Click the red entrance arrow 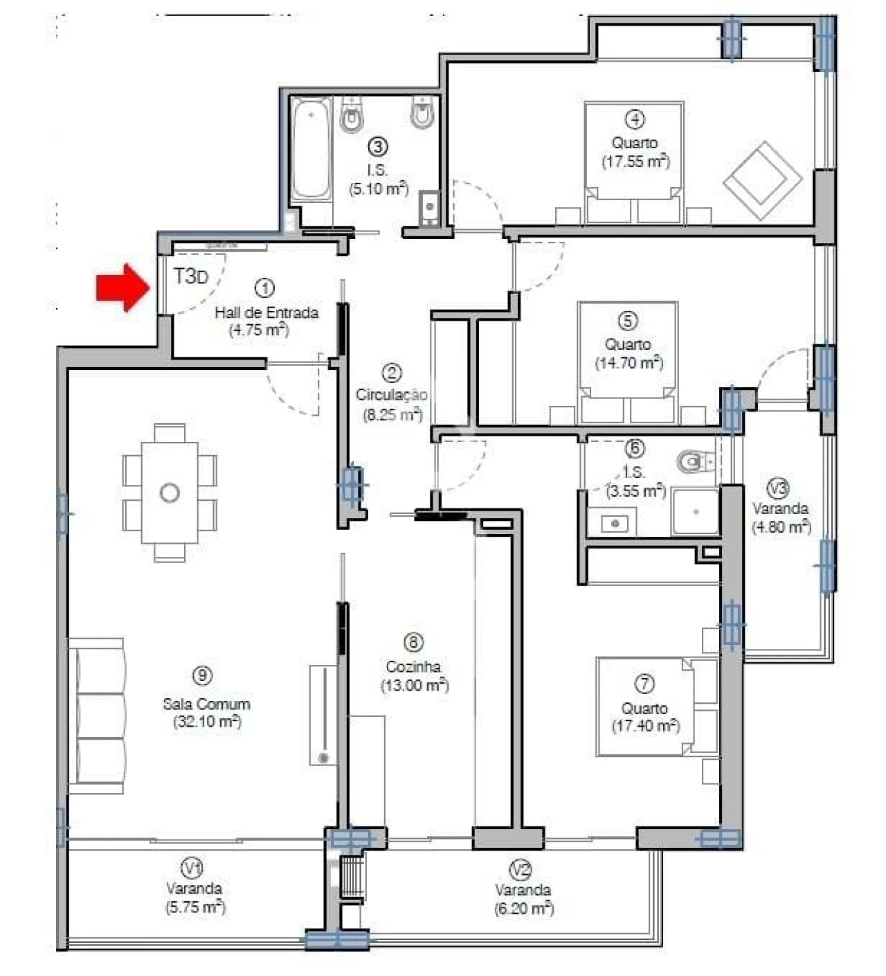[122, 287]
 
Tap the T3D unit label [190, 277]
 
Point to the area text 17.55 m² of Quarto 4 [635, 162]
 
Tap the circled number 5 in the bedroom [626, 321]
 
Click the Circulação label [391, 395]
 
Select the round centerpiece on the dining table [170, 493]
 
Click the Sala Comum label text [206, 704]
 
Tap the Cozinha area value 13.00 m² [414, 685]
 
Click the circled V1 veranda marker [192, 867]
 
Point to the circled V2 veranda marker [521, 869]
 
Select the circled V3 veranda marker [779, 488]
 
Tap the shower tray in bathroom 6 [696, 512]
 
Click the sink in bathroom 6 [613, 523]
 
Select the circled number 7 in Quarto [644, 684]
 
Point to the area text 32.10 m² [206, 722]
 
